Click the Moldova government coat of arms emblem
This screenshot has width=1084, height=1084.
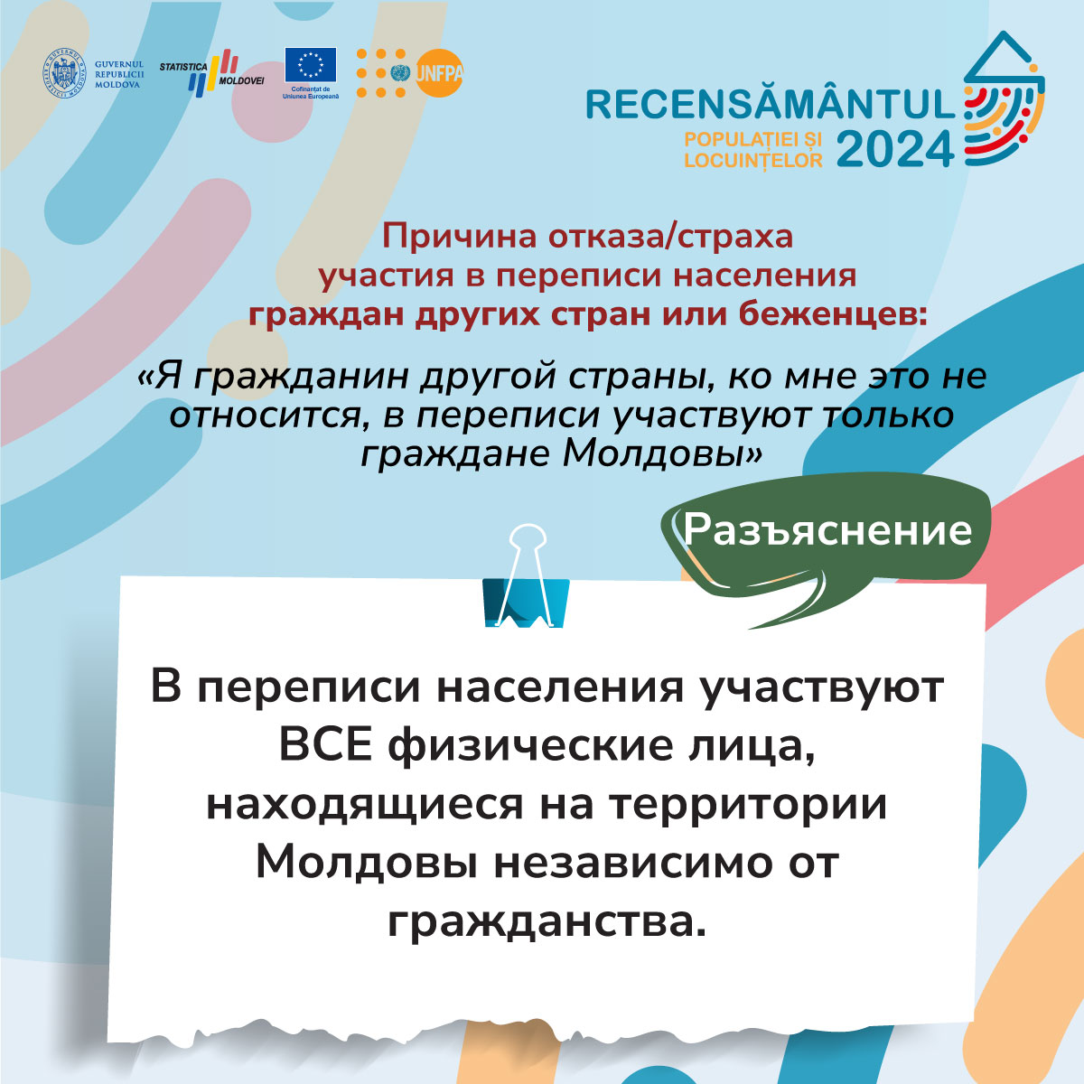[64, 74]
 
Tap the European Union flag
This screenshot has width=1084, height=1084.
[311, 65]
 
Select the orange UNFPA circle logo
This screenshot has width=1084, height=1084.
[439, 73]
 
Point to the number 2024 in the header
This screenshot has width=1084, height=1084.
[895, 150]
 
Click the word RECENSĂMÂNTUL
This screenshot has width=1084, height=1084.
[771, 105]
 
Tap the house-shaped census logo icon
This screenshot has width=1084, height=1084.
[1005, 98]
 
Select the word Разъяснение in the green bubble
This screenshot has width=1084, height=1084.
[827, 530]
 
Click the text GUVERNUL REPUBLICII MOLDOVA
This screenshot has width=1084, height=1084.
[119, 74]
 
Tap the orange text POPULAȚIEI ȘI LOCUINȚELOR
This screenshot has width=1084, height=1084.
[753, 150]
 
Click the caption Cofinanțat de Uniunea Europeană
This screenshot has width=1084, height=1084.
[311, 93]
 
